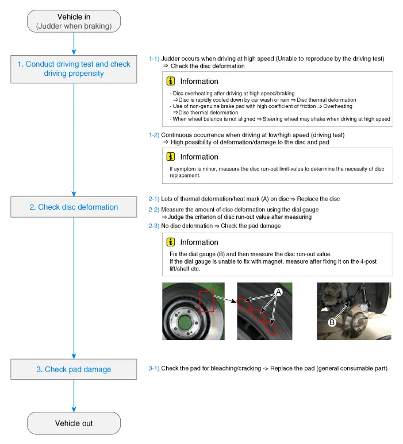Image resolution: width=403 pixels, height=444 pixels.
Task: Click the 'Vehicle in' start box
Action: (74, 21)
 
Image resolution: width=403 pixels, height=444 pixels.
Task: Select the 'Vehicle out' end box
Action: (74, 423)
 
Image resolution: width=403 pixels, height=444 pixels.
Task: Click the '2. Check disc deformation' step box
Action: (74, 207)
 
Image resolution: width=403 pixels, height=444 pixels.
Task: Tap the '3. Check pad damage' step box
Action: (74, 369)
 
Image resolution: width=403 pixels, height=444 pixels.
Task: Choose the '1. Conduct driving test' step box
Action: (74, 69)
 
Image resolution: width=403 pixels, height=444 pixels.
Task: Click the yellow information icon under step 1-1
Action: (171, 81)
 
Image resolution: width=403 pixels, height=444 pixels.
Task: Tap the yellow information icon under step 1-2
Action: (171, 156)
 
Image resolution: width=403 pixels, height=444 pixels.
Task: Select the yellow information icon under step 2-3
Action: (171, 242)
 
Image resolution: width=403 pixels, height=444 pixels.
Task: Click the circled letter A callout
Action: (278, 292)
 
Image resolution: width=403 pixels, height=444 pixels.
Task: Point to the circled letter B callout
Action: (332, 323)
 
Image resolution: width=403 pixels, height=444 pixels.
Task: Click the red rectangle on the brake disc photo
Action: (206, 301)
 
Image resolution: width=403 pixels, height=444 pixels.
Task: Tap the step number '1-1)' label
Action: (154, 59)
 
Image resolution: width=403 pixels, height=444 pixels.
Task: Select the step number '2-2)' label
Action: (154, 210)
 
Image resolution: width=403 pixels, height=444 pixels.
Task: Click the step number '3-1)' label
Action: (154, 368)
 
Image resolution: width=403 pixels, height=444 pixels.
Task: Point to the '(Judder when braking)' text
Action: (74, 26)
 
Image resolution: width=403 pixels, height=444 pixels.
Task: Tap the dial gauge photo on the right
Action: (354, 310)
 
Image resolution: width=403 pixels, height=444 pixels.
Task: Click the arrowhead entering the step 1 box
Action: (74, 52)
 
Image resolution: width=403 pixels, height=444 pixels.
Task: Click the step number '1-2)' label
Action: (154, 134)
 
